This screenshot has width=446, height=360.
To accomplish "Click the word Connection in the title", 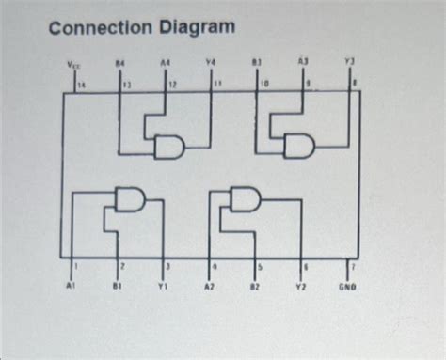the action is (101, 27).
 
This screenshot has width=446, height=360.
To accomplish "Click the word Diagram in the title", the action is (196, 27).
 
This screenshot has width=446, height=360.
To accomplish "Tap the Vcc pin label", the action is (73, 65).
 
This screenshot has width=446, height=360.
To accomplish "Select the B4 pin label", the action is (119, 64).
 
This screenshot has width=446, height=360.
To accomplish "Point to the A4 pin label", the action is (166, 64).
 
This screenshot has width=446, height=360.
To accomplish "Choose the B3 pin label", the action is (256, 64).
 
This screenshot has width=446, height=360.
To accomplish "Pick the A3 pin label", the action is (303, 64).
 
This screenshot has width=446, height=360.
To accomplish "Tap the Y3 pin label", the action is (349, 64).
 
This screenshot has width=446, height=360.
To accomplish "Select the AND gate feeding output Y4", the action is (170, 147).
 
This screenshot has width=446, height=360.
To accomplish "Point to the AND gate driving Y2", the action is (247, 198).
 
